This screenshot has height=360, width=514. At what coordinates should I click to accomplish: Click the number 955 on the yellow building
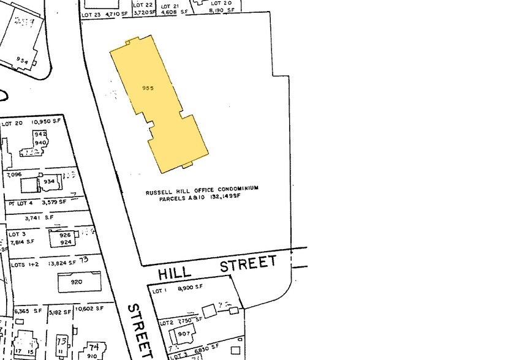tap(147, 88)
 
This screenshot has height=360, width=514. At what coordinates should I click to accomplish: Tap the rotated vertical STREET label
tap(140, 331)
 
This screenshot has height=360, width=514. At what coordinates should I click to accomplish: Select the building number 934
tap(48, 181)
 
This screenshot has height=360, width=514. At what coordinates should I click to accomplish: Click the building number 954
tap(23, 61)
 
